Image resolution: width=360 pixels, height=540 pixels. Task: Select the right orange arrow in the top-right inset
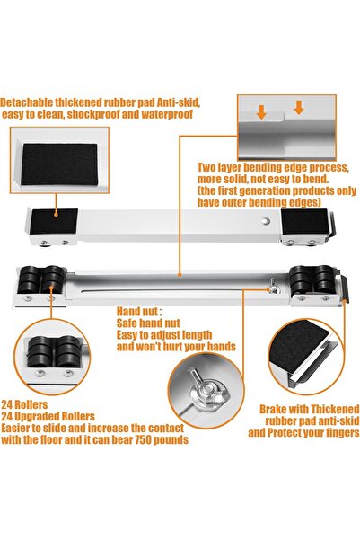(x=298, y=109)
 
